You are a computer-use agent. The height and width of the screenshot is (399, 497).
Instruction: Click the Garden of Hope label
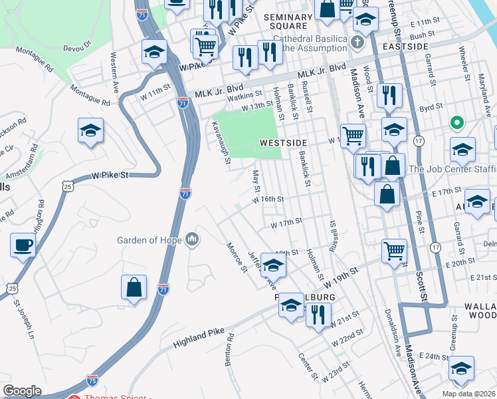149,240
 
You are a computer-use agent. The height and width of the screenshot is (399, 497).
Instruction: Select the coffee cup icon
23,245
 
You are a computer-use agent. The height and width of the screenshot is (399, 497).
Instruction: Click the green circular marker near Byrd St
456,123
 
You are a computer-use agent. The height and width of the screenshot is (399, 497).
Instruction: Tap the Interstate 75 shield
92,381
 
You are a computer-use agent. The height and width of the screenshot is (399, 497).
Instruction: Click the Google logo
22,391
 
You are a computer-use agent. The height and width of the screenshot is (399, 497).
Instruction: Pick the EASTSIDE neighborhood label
406,47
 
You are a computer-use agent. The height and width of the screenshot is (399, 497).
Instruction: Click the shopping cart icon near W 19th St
395,251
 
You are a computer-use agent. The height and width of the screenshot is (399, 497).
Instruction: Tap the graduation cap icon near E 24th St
462,368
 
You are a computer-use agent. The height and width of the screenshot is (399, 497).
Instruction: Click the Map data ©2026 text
468,394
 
